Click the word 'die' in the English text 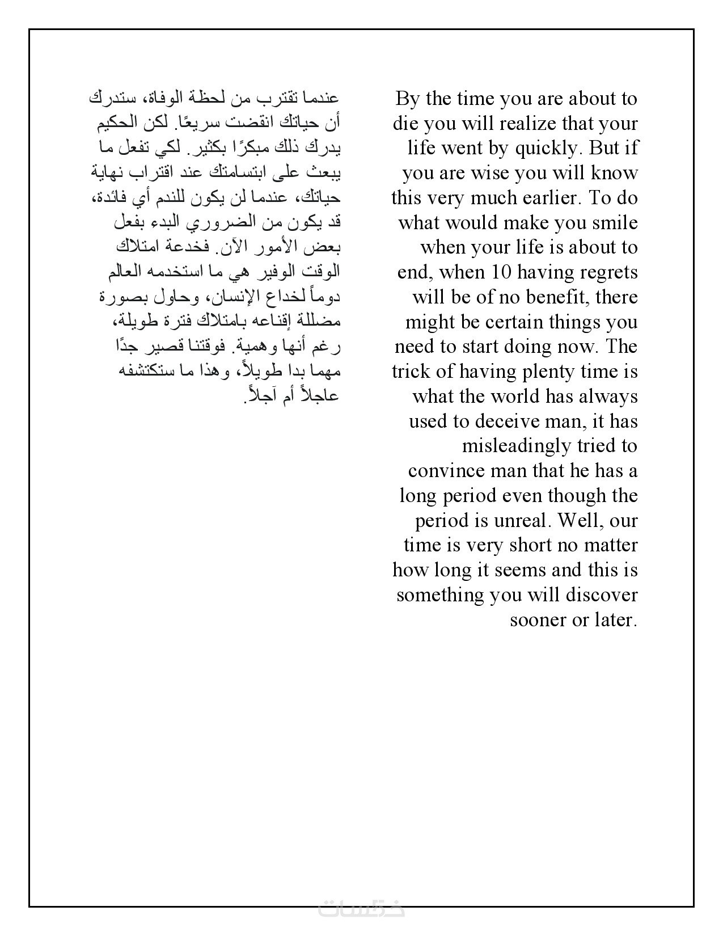point(405,124)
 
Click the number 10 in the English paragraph point(502,272)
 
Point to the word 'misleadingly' point(517,446)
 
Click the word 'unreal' point(525,521)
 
